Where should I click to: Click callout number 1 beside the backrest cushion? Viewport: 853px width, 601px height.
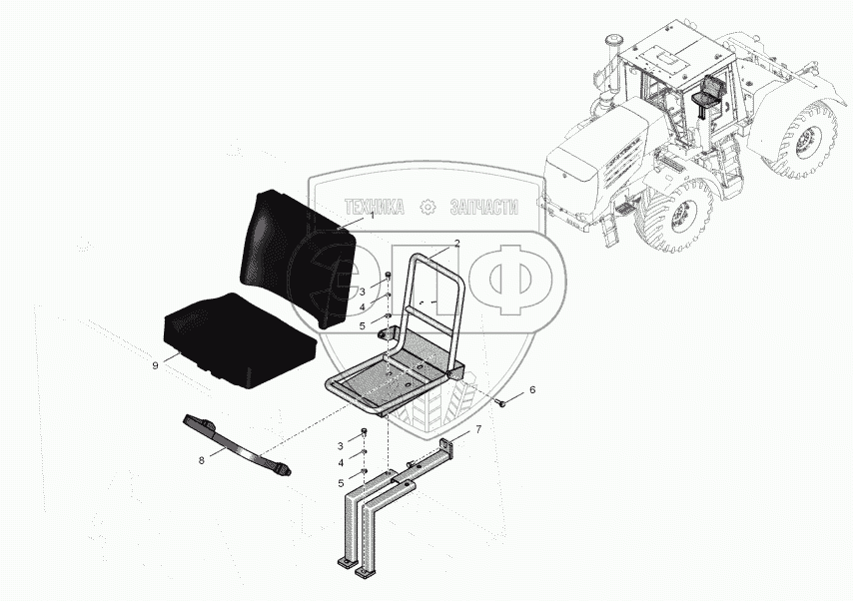click(373, 216)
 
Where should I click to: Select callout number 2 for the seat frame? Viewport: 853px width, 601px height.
click(457, 244)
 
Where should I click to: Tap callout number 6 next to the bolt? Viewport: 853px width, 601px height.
click(532, 389)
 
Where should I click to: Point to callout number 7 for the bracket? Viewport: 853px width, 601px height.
click(477, 429)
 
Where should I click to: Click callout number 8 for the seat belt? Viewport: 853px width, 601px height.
click(202, 460)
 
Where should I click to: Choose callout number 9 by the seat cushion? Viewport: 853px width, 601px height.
click(155, 365)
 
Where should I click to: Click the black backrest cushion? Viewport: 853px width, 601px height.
click(298, 259)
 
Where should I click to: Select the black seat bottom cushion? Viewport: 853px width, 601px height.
click(240, 340)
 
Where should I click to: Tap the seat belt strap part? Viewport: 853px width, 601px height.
click(234, 443)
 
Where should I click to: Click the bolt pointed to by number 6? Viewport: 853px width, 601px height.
click(500, 403)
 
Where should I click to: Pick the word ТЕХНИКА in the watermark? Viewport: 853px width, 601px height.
click(375, 207)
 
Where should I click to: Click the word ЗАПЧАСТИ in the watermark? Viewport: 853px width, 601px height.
click(484, 207)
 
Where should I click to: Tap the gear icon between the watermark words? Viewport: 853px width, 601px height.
click(427, 207)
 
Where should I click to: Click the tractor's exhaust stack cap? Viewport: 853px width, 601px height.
click(613, 41)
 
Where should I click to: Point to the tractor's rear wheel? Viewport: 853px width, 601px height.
click(808, 139)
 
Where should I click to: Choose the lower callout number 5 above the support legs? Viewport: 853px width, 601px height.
click(341, 483)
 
